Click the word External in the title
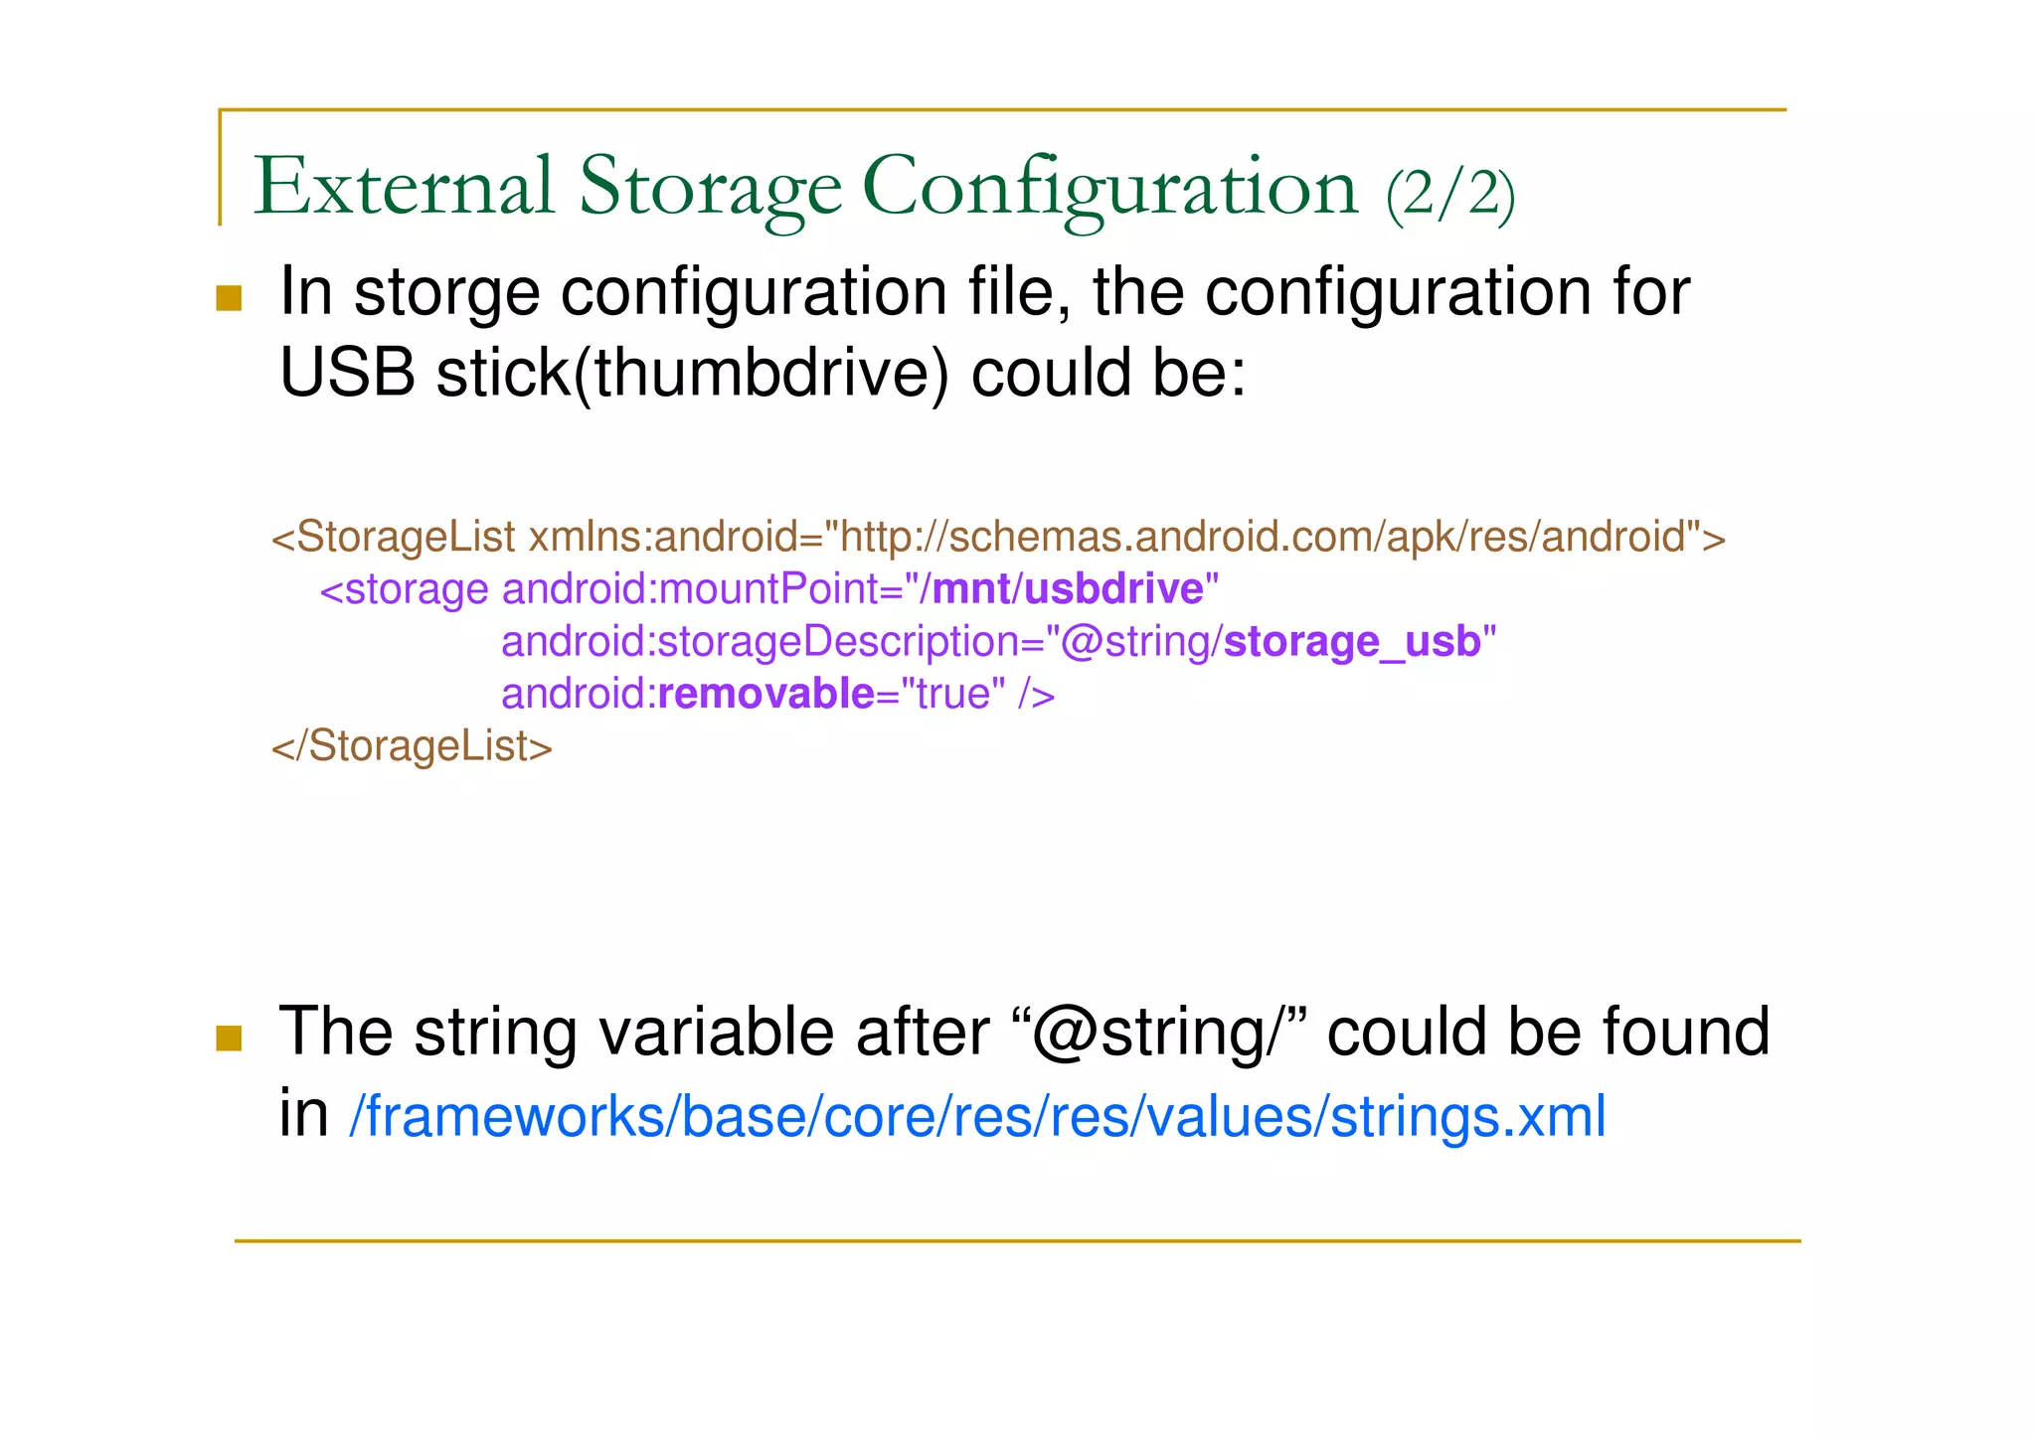pyautogui.click(x=404, y=187)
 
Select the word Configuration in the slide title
pyautogui.click(x=1109, y=187)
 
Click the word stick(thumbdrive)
pyautogui.click(x=692, y=374)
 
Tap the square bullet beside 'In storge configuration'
pyautogui.click(x=229, y=298)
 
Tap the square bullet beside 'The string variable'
pyautogui.click(x=229, y=1039)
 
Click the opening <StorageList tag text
pyautogui.click(x=394, y=537)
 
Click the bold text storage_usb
pyautogui.click(x=1352, y=642)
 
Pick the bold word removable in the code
pyautogui.click(x=766, y=694)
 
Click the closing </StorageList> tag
pyautogui.click(x=412, y=746)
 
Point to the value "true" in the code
pyautogui.click(x=952, y=694)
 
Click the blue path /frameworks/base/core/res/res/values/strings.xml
pyautogui.click(x=977, y=1116)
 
